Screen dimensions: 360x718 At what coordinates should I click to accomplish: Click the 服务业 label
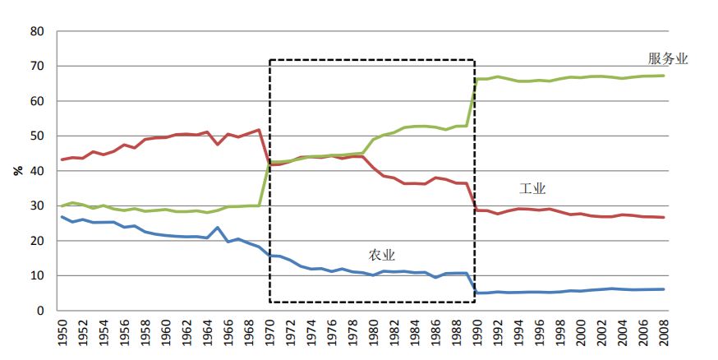click(667, 59)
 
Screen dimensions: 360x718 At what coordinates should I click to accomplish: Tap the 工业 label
click(532, 189)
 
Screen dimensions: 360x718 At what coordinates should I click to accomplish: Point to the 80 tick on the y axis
click(36, 31)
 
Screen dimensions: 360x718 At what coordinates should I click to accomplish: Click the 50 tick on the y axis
click(36, 136)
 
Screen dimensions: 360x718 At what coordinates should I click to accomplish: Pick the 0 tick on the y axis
click(39, 312)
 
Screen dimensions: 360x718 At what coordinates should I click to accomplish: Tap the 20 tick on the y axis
click(36, 242)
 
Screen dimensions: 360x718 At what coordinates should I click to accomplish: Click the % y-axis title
click(17, 171)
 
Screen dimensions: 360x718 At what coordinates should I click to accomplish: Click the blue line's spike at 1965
click(218, 228)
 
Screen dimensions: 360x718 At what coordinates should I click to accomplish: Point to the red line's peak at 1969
click(260, 130)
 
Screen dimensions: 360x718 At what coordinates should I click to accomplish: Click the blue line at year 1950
click(63, 217)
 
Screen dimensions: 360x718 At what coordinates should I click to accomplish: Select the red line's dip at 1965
click(218, 145)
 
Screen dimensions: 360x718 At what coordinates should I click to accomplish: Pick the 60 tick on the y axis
click(36, 101)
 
